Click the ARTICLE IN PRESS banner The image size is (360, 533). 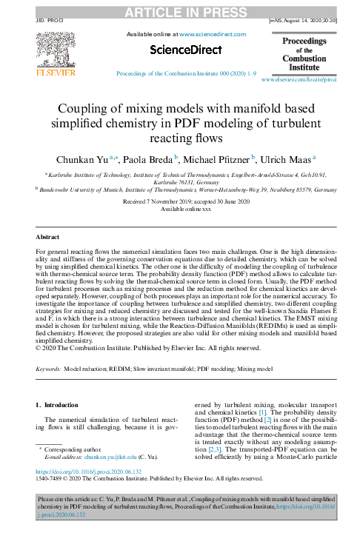[x=180, y=10]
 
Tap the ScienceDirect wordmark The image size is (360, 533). [x=185, y=50]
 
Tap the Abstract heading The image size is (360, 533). [x=49, y=237]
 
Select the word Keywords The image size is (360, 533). [x=48, y=367]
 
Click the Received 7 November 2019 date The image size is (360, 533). [x=154, y=201]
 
